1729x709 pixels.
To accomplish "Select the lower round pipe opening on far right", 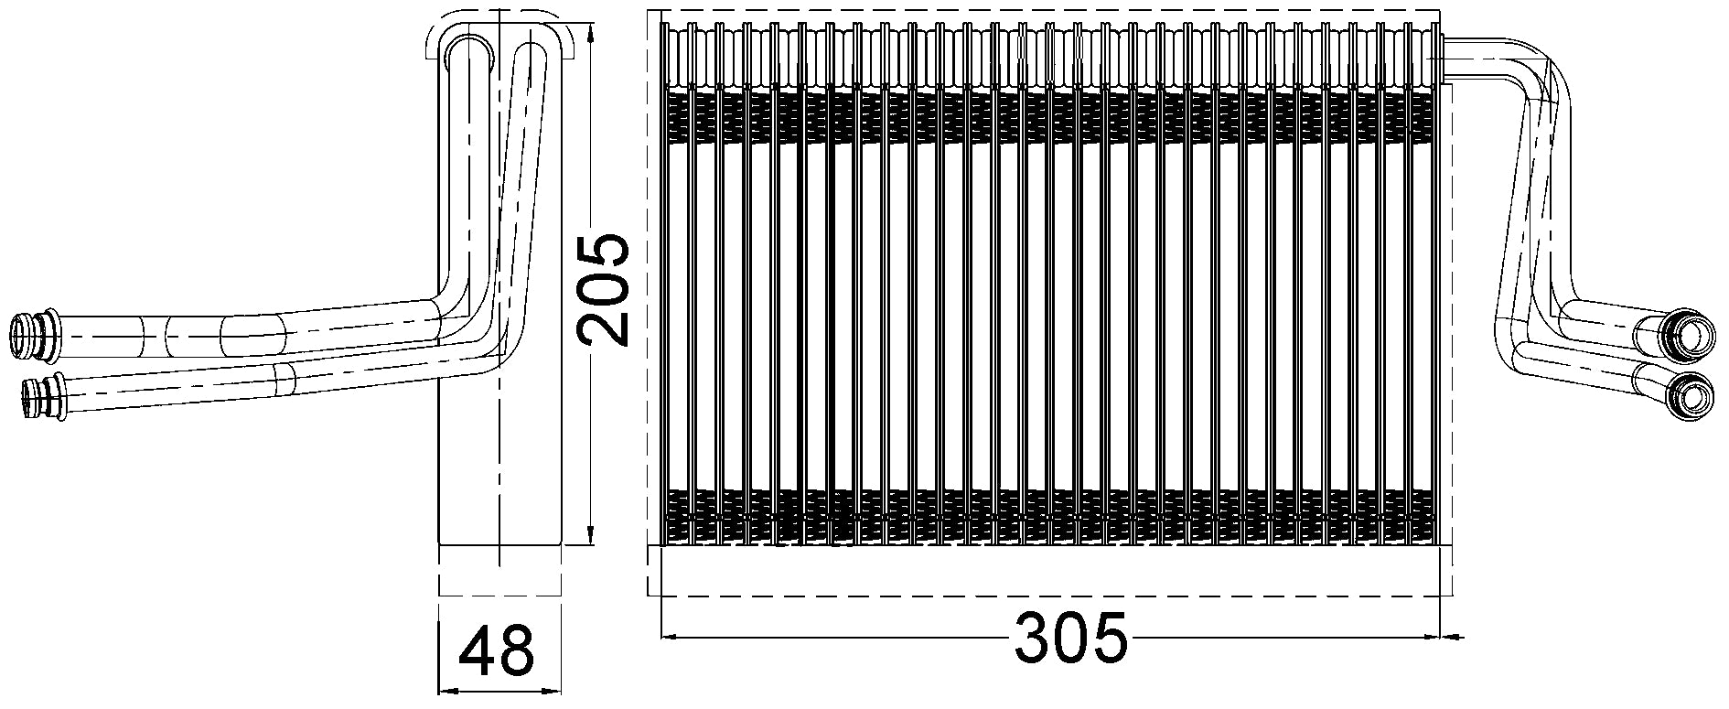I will [x=1690, y=397].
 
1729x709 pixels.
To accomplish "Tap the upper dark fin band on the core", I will [x=1052, y=117].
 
